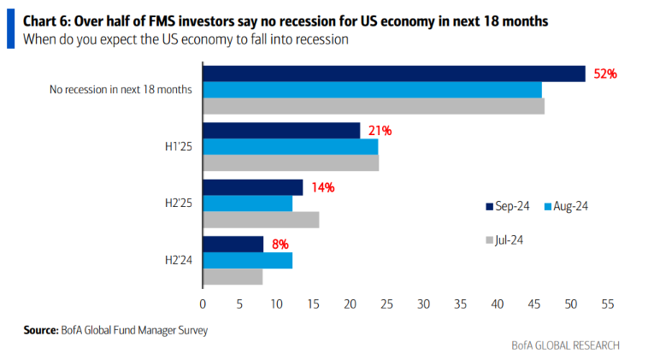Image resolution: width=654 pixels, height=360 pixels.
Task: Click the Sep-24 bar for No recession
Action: pos(393,74)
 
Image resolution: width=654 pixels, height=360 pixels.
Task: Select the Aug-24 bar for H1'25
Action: pos(290,146)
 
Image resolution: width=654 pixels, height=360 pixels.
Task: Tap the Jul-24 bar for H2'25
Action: pos(261,220)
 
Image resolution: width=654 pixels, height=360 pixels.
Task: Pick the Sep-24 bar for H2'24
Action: pos(233,245)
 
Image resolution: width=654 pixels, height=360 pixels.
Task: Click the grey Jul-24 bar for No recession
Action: pos(373,106)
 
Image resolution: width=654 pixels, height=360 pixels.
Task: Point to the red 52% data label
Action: pos(605,74)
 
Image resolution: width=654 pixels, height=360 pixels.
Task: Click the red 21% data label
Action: pos(380,131)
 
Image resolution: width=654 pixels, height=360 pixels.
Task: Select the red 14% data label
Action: pos(322,187)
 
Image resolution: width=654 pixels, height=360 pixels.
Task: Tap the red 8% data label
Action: pos(280,245)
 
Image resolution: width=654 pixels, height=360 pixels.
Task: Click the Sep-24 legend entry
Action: pos(508,206)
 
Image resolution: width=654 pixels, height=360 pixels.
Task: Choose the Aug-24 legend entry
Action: pos(568,206)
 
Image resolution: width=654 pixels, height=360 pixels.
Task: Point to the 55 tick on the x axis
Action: pos(608,303)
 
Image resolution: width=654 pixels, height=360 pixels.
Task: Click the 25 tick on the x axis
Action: pos(386,303)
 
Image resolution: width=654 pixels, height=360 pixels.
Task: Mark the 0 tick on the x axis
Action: pos(203,303)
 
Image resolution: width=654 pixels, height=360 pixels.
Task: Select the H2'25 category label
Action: pos(179,204)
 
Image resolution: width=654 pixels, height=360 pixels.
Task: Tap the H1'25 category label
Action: pos(179,146)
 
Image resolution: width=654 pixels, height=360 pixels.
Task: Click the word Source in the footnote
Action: pos(39,329)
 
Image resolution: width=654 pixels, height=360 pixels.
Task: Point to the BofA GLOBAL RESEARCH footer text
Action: pos(565,345)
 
